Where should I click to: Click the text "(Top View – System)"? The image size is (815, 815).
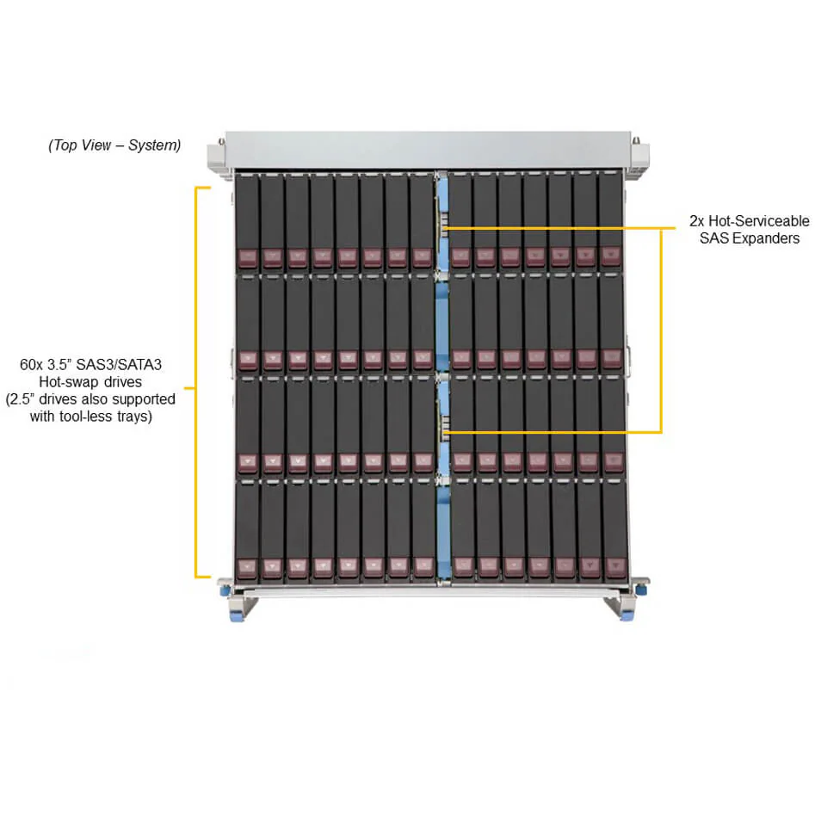[114, 145]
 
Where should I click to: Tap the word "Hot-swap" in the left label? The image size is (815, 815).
[69, 382]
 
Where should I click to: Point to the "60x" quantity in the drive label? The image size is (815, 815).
[31, 364]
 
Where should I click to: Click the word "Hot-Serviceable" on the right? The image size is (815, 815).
[758, 221]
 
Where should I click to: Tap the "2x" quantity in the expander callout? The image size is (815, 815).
[696, 221]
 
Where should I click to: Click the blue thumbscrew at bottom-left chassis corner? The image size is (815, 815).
[225, 590]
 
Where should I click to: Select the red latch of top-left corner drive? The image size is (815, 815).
[247, 256]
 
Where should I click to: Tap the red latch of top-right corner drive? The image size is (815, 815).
[611, 256]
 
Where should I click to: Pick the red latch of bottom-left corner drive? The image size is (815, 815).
[247, 567]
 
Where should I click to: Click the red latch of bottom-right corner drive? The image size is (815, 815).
[616, 565]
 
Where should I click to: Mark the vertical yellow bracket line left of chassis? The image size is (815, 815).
[196, 382]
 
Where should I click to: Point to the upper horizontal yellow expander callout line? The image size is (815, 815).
[559, 228]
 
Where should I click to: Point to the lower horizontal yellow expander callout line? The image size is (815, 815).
[552, 432]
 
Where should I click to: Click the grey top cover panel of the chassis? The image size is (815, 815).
[428, 150]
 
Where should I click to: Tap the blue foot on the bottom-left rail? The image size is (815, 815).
[236, 617]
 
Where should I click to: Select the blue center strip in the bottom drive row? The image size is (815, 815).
[443, 530]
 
